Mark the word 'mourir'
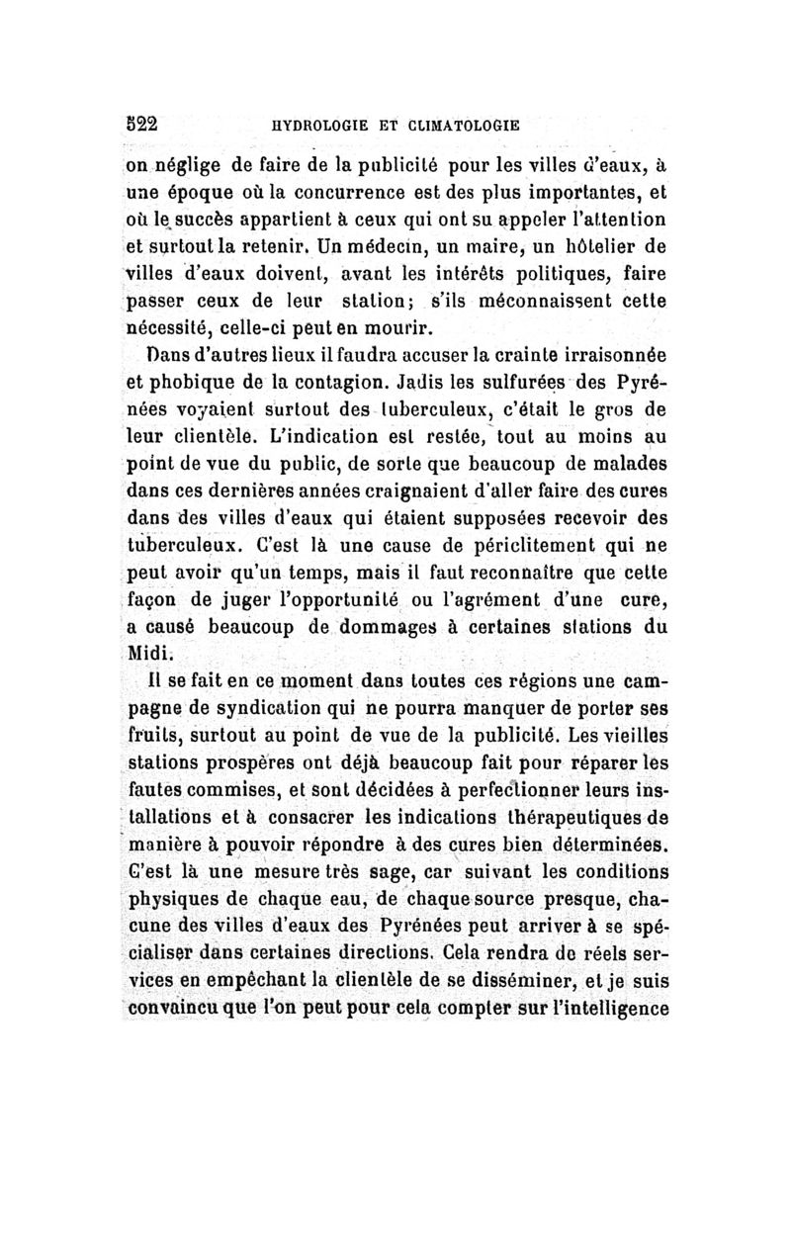380,325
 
